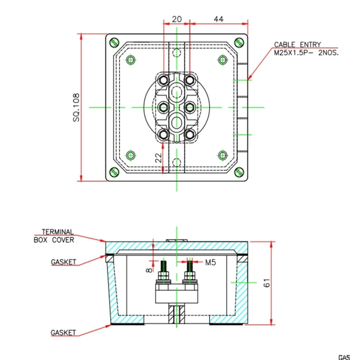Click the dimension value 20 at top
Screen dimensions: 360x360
click(x=176, y=19)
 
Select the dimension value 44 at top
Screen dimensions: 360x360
click(x=219, y=19)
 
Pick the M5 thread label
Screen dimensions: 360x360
click(x=211, y=261)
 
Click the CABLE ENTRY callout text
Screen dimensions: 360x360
click(x=297, y=45)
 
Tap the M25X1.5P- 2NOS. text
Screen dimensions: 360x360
click(x=306, y=52)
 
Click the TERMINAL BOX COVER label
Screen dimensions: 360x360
click(x=54, y=236)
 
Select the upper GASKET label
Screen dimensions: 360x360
click(x=63, y=261)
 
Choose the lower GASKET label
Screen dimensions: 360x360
click(x=63, y=333)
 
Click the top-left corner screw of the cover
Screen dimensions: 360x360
click(x=114, y=43)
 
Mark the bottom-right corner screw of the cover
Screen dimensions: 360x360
click(x=239, y=172)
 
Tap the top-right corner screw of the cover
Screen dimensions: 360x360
click(x=239, y=43)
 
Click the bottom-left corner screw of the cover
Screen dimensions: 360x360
click(x=114, y=172)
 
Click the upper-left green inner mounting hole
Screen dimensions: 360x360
click(x=131, y=60)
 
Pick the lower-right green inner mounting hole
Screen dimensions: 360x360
click(x=222, y=155)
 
